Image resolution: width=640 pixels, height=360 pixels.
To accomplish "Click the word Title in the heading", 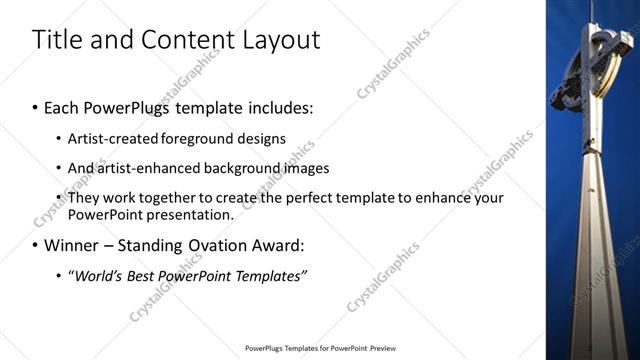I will [x=57, y=40].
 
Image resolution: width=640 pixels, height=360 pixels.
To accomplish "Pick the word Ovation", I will [x=192, y=244].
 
